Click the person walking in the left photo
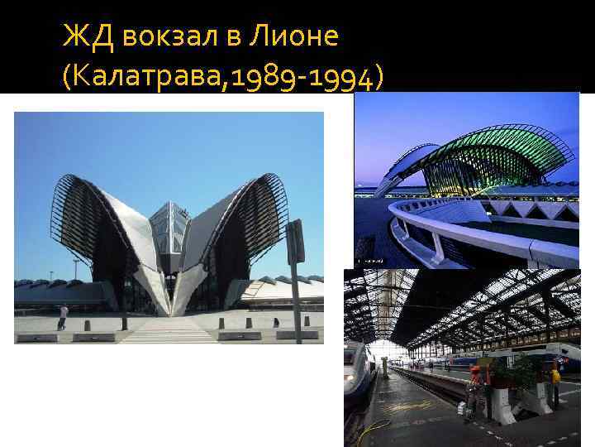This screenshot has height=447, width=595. (63, 315)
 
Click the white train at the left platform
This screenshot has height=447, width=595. (357, 381)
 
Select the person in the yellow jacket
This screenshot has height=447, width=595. (555, 381)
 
